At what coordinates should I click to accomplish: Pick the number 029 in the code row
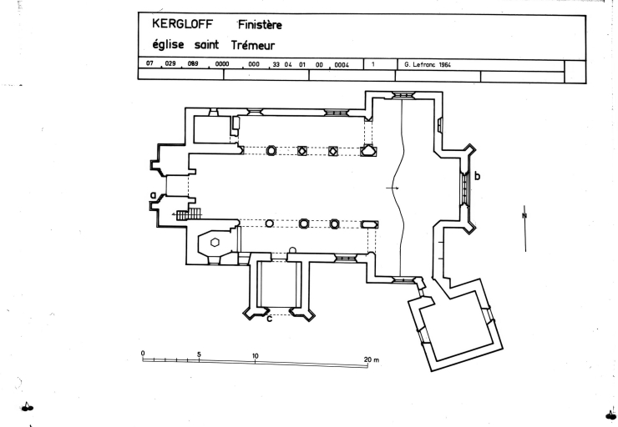pyautogui.click(x=174, y=64)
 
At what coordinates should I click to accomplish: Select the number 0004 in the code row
pyautogui.click(x=341, y=64)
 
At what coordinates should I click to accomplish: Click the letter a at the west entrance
pyautogui.click(x=153, y=194)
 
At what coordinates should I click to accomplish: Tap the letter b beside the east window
pyautogui.click(x=477, y=176)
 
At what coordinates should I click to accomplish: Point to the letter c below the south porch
pyautogui.click(x=269, y=315)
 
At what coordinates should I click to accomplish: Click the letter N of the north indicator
pyautogui.click(x=524, y=215)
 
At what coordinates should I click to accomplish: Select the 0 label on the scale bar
pyautogui.click(x=143, y=354)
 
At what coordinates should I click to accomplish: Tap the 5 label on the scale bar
pyautogui.click(x=199, y=354)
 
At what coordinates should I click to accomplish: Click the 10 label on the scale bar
pyautogui.click(x=255, y=355)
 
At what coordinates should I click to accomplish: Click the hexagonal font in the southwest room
pyautogui.click(x=215, y=242)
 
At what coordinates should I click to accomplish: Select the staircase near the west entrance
pyautogui.click(x=189, y=213)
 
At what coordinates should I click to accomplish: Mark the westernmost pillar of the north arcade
pyautogui.click(x=271, y=150)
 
